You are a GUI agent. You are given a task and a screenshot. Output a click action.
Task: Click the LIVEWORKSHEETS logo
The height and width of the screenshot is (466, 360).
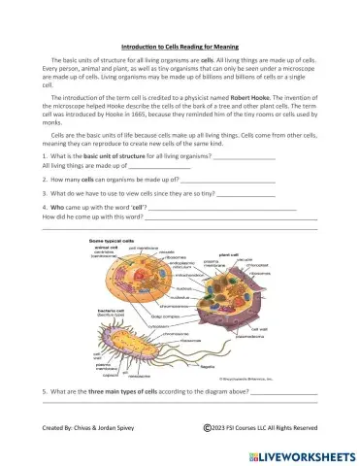click(295, 453)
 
